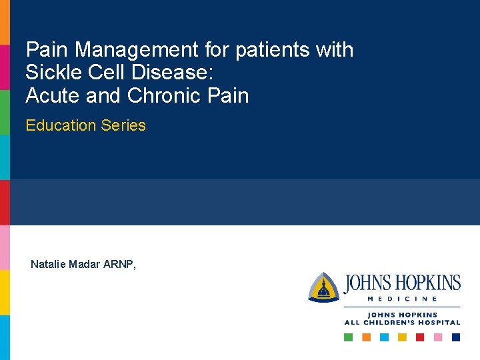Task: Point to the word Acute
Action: point(53,96)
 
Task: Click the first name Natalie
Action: point(49,265)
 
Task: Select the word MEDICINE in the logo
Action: point(402,299)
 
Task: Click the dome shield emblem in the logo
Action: point(324,287)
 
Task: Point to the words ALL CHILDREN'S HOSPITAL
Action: point(402,323)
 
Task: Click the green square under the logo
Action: point(348,337)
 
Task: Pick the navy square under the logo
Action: point(456,337)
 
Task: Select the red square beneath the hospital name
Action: point(420,337)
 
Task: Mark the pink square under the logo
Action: point(438,337)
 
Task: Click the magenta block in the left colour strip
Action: point(5,67)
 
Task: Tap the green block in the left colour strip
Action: point(5,112)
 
